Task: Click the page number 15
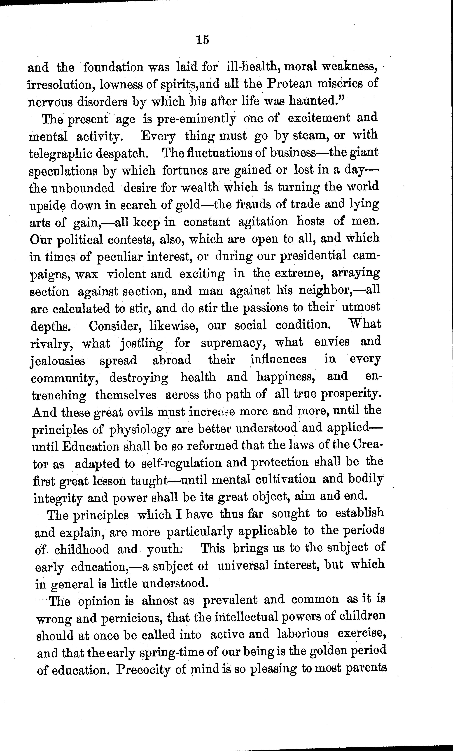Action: click(x=203, y=40)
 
